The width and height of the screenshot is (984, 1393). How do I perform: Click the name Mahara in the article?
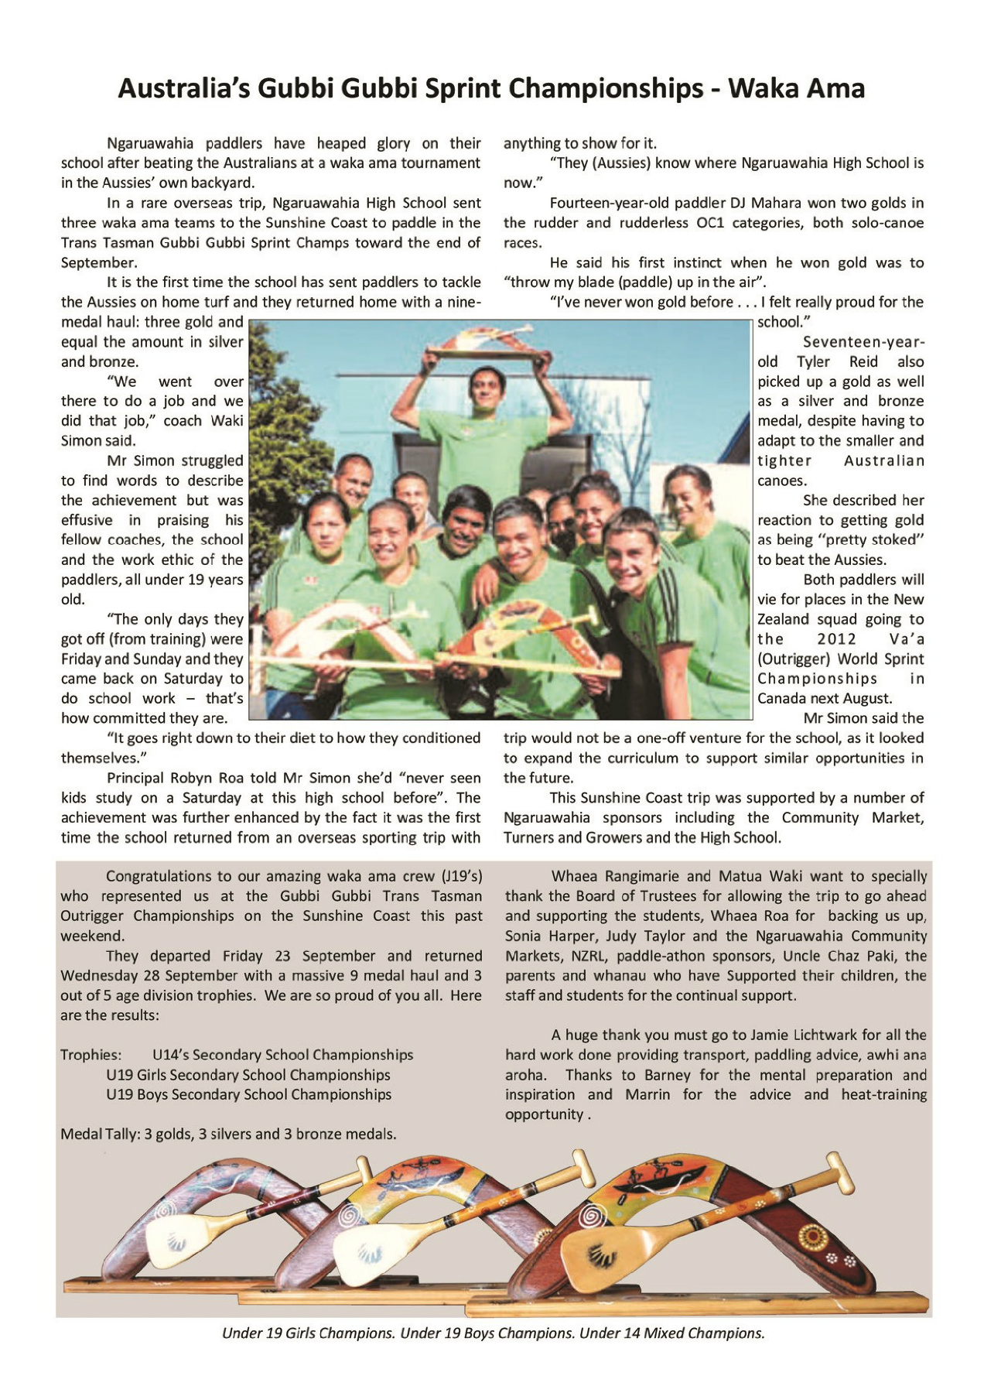[776, 203]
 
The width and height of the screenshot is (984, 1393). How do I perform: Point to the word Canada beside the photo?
[782, 699]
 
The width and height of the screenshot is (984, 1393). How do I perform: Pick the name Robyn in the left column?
[195, 778]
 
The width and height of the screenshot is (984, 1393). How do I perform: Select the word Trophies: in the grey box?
[91, 1055]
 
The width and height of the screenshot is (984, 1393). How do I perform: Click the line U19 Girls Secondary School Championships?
[248, 1075]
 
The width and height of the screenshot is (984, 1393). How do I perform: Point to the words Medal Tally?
[99, 1135]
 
